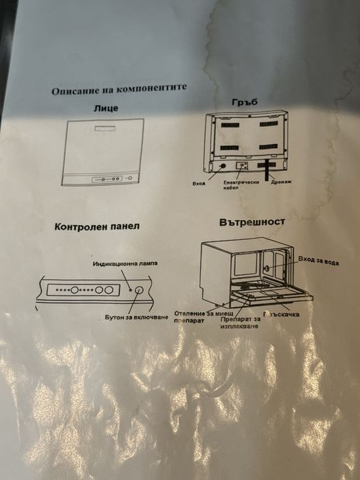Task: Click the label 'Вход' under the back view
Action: pos(200,183)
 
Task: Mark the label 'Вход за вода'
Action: pos(319,261)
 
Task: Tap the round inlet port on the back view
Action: pos(221,166)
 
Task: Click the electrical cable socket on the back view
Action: pos(241,165)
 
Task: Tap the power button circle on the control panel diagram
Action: pos(139,291)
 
